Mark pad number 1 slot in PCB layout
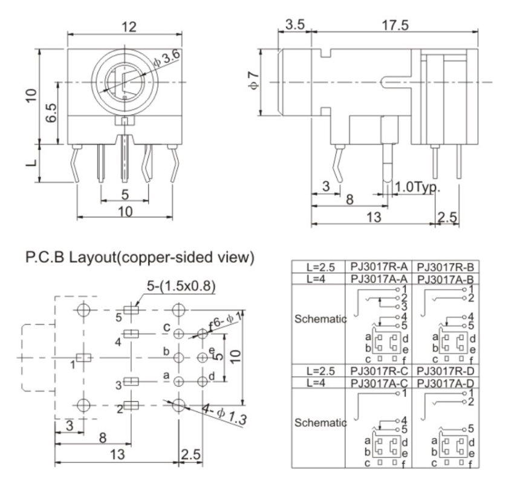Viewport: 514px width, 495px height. tap(84, 358)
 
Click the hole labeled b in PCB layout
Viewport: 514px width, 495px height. tap(178, 357)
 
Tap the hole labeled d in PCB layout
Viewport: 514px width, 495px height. tap(202, 381)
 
